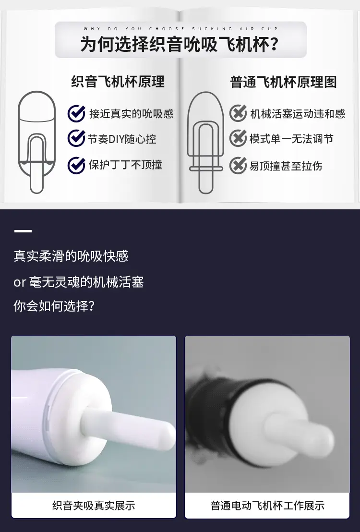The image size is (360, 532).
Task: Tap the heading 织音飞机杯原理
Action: tap(118, 82)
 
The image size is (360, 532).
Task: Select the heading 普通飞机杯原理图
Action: tap(283, 82)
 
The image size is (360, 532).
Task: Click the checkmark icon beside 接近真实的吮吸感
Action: tap(76, 113)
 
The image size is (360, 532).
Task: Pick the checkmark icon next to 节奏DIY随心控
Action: tap(76, 138)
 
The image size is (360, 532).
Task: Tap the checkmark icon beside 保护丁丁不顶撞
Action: tap(76, 165)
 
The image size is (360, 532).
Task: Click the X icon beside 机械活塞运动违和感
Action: tap(238, 113)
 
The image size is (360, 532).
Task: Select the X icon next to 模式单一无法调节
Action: tap(238, 138)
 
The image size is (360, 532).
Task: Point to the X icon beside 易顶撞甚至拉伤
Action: tap(238, 165)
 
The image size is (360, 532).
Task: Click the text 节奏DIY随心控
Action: tap(122, 139)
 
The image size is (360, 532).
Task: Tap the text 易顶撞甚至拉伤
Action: tap(286, 166)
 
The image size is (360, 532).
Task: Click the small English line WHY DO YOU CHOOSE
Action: tap(134, 29)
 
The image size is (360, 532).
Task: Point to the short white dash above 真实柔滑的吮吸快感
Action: tap(23, 231)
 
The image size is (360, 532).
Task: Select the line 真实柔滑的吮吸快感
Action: tap(71, 256)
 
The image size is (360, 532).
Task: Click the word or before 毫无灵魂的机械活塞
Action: tap(20, 282)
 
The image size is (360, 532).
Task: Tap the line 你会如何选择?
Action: tap(54, 306)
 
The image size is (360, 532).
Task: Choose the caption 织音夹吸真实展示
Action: tap(94, 506)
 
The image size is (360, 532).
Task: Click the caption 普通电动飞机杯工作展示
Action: tap(267, 506)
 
